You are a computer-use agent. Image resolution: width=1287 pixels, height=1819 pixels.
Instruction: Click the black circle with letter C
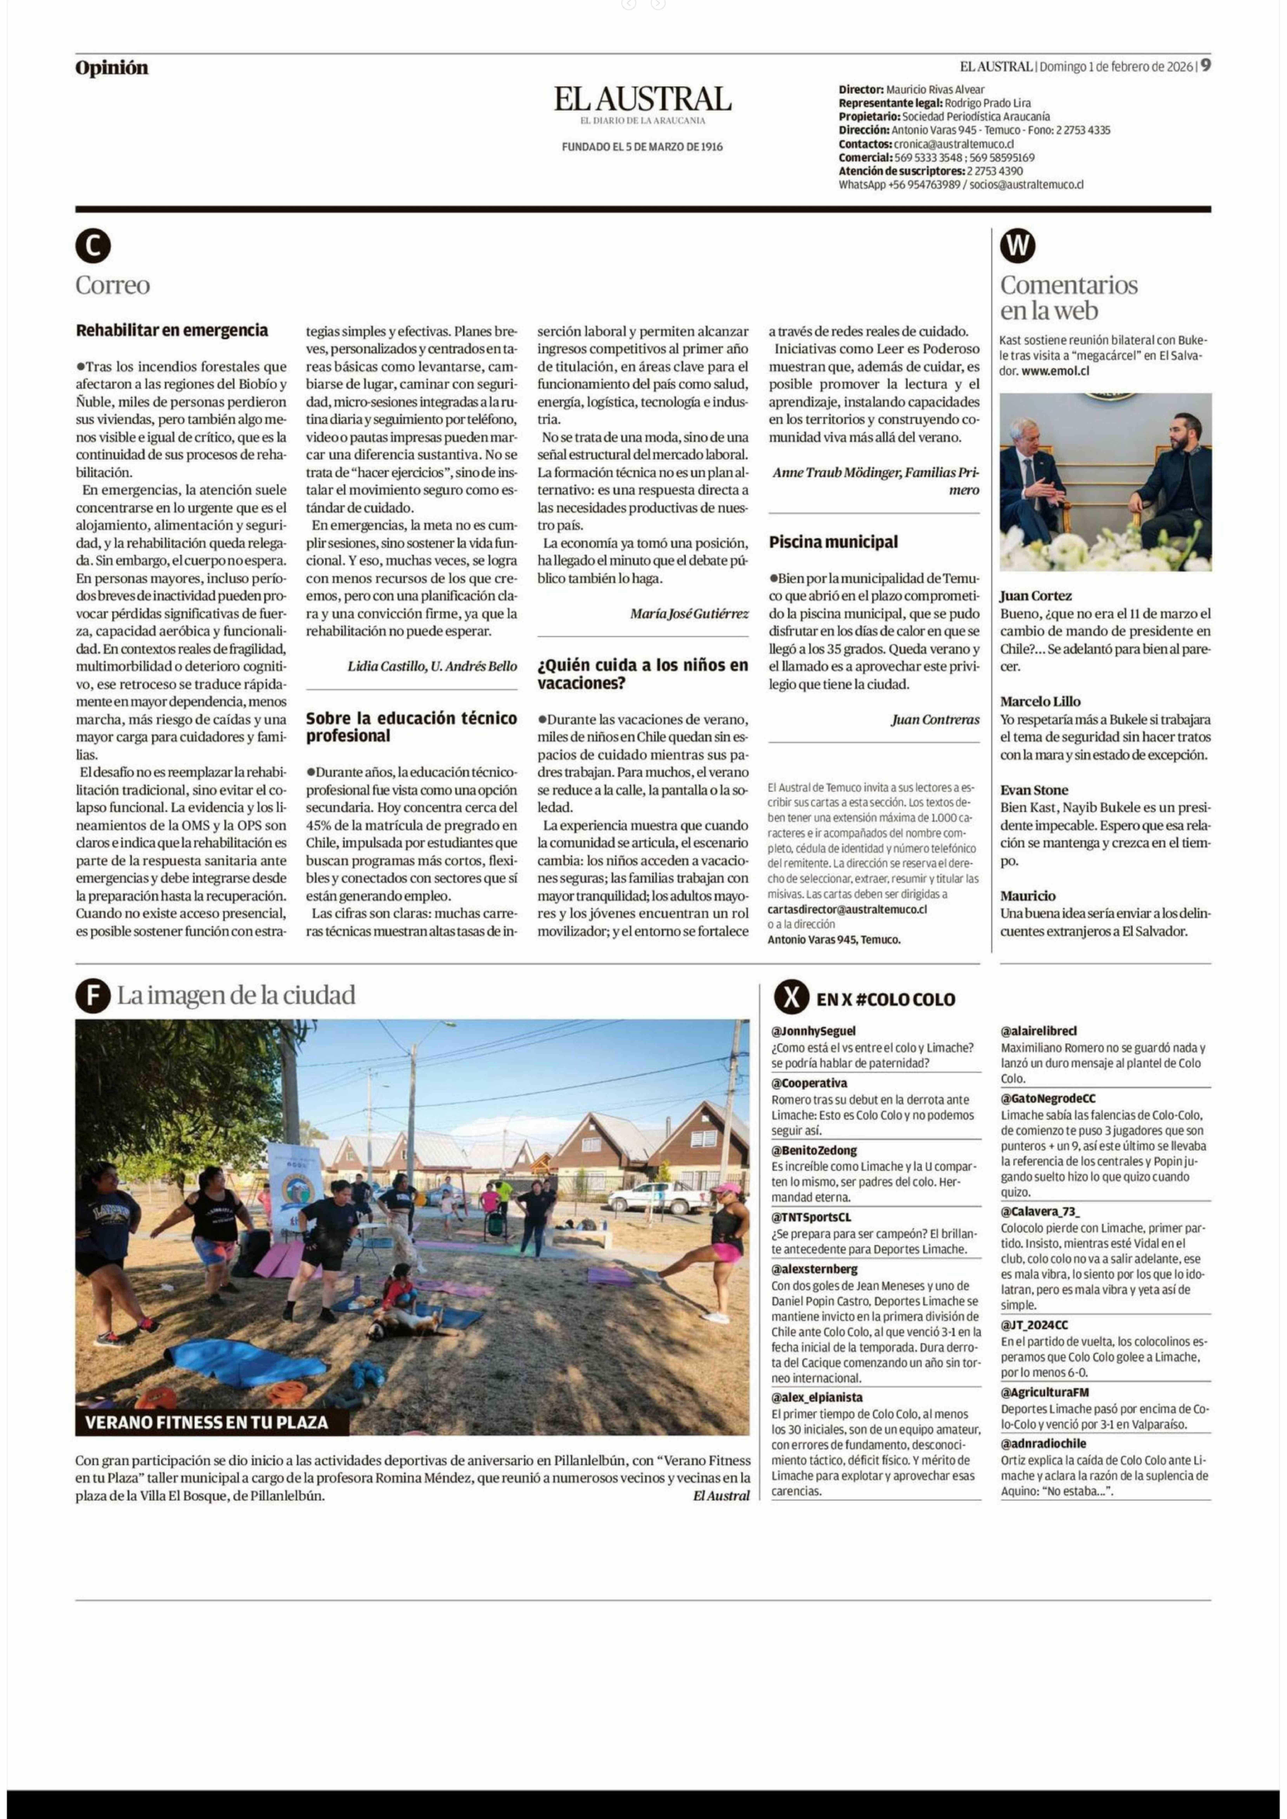[x=93, y=246]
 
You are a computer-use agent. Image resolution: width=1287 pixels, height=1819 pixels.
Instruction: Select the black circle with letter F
[x=93, y=996]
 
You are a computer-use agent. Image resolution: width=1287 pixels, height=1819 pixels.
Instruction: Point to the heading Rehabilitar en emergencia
[x=172, y=330]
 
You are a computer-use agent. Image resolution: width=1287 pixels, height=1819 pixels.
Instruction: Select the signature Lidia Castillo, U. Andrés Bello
[x=432, y=666]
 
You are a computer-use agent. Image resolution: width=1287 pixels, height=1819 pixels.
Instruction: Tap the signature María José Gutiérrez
[x=689, y=614]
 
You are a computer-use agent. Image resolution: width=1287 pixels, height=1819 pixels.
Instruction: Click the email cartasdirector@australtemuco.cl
[x=847, y=910]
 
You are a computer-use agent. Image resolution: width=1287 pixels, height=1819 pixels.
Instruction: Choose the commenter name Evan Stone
[x=1033, y=790]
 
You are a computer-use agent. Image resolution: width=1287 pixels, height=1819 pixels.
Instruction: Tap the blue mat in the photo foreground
[x=246, y=1361]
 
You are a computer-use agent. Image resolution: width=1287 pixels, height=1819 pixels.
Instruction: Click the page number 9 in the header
[x=1205, y=66]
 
